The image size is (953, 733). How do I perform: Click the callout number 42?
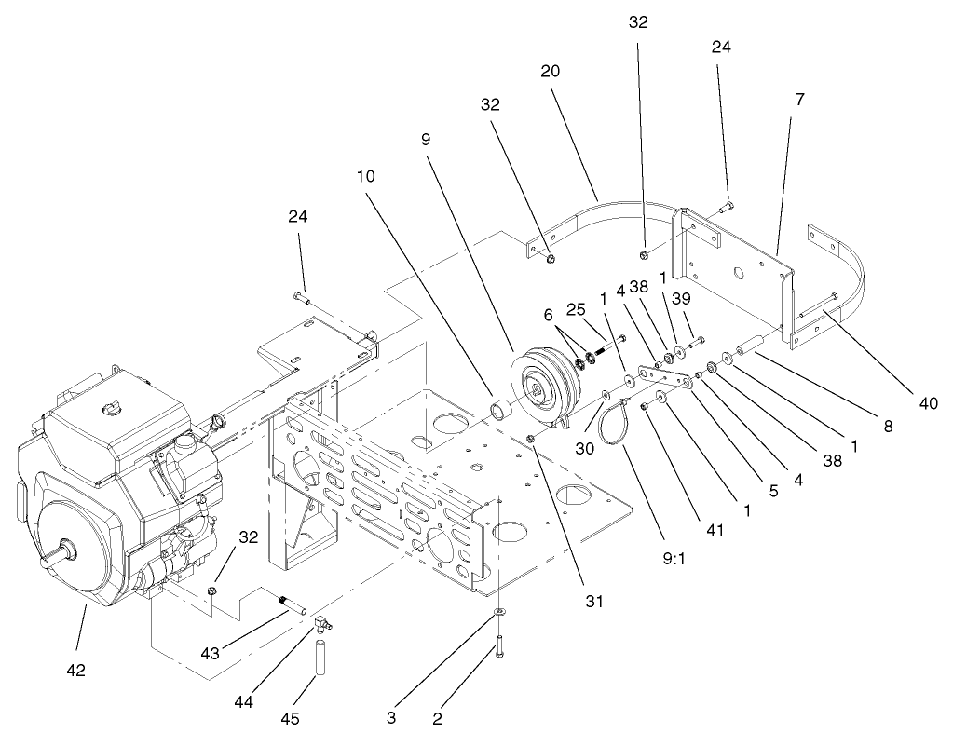click(75, 669)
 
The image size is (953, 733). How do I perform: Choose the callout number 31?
click(593, 601)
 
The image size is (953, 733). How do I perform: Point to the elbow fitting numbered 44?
click(320, 619)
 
